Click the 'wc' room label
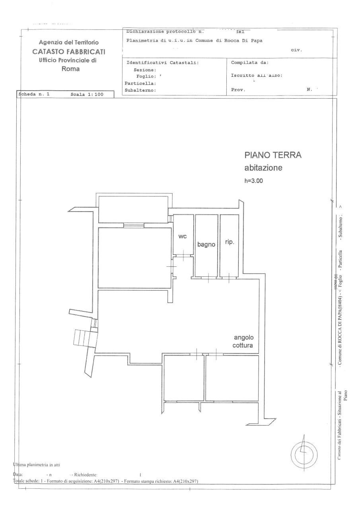click(x=182, y=236)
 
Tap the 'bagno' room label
click(x=206, y=245)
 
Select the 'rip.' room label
click(x=229, y=242)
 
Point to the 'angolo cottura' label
click(x=243, y=341)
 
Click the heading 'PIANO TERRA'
click(x=273, y=155)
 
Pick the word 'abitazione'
click(x=263, y=168)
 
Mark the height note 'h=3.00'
click(x=253, y=180)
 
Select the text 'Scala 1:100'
click(x=87, y=95)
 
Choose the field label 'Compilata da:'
click(x=250, y=62)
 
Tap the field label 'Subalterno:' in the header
click(x=139, y=90)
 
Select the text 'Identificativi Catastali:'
click(x=162, y=62)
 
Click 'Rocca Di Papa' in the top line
click(x=243, y=40)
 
